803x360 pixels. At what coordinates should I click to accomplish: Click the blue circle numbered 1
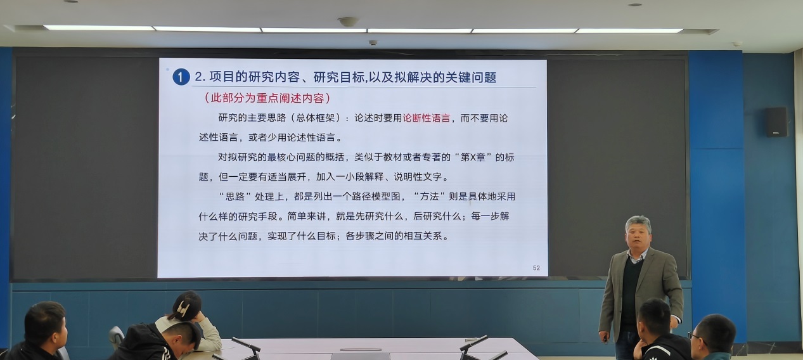[x=181, y=77]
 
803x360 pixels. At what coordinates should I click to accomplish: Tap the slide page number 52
[x=536, y=268]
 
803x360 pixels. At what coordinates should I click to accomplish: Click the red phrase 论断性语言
[x=427, y=119]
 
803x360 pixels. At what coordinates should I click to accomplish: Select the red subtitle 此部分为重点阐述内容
[x=267, y=98]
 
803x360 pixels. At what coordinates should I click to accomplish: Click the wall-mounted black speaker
[x=776, y=122]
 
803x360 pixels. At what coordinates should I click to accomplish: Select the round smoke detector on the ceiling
[x=348, y=22]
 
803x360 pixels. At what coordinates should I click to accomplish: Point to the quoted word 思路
[x=234, y=196]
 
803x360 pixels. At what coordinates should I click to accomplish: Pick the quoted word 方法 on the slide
[x=429, y=196]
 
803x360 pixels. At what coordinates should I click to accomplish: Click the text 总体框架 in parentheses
[x=316, y=118]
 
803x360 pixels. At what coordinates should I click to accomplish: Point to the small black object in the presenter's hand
[x=605, y=337]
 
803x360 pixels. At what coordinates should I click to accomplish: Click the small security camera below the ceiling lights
[x=373, y=42]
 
